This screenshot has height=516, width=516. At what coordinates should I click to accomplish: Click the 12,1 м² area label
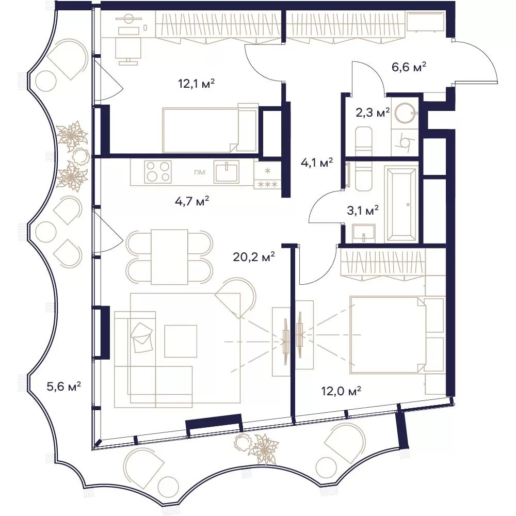pos(197,84)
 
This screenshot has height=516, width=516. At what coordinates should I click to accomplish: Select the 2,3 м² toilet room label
pos(373,112)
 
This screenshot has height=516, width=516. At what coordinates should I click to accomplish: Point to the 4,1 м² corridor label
pos(317,162)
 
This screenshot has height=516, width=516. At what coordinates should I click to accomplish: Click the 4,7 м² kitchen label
pos(192,201)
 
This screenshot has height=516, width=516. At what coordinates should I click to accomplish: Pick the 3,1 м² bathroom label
pos(363,210)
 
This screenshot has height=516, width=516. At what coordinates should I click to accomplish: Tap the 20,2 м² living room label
pos(254,256)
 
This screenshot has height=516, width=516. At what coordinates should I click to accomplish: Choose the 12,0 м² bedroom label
pos(341,391)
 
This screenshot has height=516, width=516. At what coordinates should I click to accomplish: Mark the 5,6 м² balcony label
pos(64,386)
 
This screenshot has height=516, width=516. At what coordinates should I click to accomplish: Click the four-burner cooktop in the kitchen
pos(158,171)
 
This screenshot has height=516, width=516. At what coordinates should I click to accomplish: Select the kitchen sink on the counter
pos(227,171)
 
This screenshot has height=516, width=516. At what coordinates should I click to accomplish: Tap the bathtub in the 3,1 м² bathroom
pos(401,204)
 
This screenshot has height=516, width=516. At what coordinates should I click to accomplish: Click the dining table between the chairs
pos(169,256)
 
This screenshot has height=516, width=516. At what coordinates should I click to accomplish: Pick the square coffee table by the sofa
pos(181,341)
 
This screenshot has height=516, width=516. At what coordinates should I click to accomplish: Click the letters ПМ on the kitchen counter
pos(199,172)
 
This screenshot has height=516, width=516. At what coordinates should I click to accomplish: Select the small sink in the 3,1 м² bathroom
pos(363,233)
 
